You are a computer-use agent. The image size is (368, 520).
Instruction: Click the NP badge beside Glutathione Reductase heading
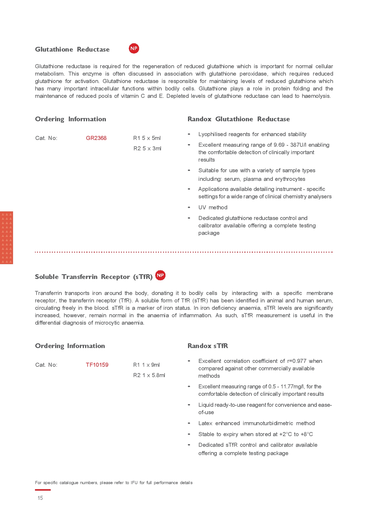[x=134, y=48]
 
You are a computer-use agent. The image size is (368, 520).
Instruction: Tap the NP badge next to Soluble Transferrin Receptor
[x=160, y=275]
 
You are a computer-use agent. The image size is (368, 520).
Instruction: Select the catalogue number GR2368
[x=96, y=138]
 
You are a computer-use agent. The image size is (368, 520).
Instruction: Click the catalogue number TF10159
[x=97, y=365]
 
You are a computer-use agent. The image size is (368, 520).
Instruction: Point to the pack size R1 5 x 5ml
[x=147, y=138]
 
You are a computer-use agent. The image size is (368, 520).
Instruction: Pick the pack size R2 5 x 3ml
[x=147, y=149]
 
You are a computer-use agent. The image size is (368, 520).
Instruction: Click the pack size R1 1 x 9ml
[x=146, y=365]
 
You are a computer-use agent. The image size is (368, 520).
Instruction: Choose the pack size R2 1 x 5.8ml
[x=149, y=375]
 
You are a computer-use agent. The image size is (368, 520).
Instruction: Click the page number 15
[x=40, y=498]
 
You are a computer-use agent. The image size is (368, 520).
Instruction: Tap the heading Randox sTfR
[x=208, y=346]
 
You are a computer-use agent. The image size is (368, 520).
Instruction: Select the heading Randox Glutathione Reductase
[x=238, y=119]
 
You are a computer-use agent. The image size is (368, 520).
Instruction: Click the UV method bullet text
[x=213, y=208]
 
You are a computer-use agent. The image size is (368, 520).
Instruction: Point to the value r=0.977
[x=297, y=361]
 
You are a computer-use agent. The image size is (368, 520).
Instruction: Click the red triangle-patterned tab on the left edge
[x=6, y=237]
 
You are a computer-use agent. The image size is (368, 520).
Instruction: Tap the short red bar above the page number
[x=43, y=490]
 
